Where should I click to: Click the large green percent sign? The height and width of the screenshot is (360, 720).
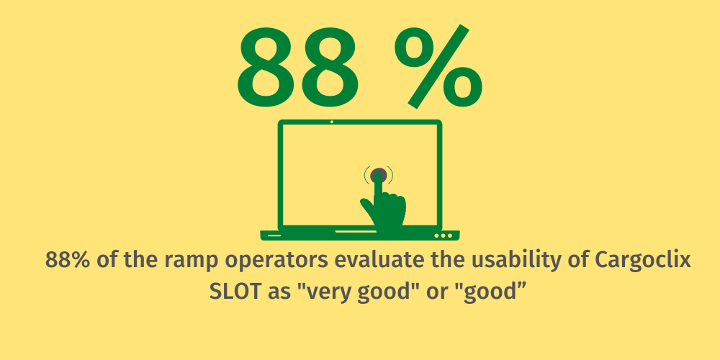(438, 66)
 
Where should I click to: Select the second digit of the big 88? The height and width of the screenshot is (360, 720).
(329, 67)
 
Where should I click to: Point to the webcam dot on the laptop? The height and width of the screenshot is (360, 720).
(332, 122)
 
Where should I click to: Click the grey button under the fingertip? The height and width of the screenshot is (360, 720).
(379, 175)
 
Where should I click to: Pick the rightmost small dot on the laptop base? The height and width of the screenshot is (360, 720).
(450, 235)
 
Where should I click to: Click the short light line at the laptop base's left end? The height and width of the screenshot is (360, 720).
(274, 235)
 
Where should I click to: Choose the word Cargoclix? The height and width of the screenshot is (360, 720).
(643, 261)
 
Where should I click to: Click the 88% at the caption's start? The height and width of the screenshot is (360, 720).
(68, 261)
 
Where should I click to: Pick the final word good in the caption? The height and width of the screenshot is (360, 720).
(487, 292)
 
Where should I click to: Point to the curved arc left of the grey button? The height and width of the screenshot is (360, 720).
(366, 175)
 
